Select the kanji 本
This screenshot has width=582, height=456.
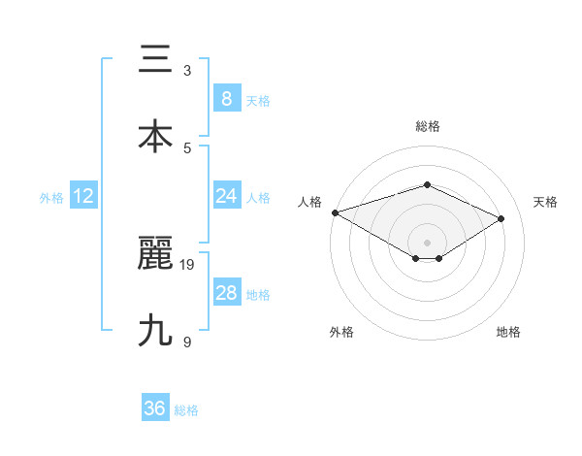click(155, 136)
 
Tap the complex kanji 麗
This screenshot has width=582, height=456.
click(155, 253)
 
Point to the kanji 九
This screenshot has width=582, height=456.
click(155, 330)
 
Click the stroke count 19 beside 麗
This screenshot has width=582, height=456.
click(188, 264)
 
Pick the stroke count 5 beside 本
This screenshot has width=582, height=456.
click(187, 147)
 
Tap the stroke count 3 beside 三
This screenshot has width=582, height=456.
click(187, 71)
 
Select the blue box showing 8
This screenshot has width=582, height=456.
click(226, 99)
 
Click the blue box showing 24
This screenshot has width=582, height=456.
click(226, 196)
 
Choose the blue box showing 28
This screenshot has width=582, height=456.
click(226, 293)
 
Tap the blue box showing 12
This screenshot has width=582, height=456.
click(83, 196)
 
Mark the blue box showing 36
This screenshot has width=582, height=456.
click(155, 408)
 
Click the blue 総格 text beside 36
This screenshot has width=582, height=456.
click(186, 410)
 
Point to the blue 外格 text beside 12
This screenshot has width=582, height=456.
click(51, 198)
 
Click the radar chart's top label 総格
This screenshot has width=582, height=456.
click(427, 126)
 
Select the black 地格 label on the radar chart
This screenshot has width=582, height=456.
click(508, 332)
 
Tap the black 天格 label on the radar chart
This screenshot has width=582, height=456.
click(545, 202)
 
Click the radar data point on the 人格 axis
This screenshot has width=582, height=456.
click(335, 212)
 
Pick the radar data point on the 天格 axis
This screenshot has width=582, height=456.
click(501, 218)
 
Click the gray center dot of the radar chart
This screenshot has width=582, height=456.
click(427, 242)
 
